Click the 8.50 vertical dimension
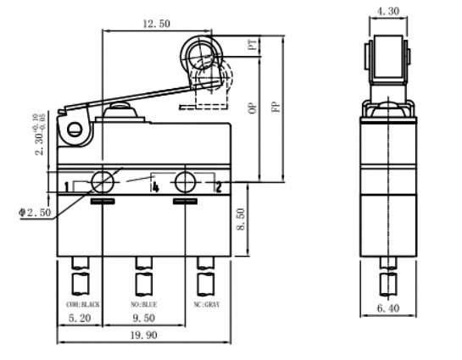pos(242,220)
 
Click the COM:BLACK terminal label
pos(79,302)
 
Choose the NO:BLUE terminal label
pos(144,302)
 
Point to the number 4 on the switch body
pos(155,186)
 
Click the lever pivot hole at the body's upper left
pos(75,130)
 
